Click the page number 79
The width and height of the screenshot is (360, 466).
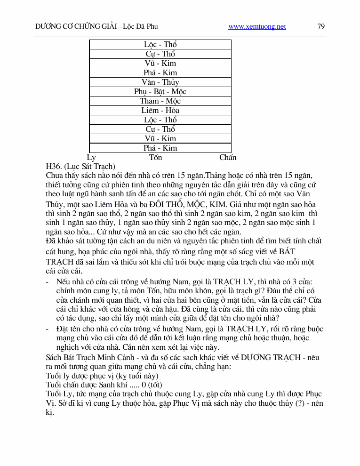pos(321,26)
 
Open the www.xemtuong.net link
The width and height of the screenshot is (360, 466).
pos(257,27)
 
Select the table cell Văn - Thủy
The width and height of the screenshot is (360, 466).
pos(160,82)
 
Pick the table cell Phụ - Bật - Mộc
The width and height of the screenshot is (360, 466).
pos(160,91)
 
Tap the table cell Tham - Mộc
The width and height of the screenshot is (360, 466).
pos(160,101)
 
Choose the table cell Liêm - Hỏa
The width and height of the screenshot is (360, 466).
pos(160,110)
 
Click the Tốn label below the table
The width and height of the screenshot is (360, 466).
pos(155,157)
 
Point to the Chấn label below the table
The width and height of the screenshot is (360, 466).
pos(228,157)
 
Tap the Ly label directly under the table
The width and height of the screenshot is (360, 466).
pos(91,157)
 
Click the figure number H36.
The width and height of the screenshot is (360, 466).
pos(53,166)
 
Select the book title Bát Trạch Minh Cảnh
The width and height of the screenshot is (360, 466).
pos(96,357)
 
